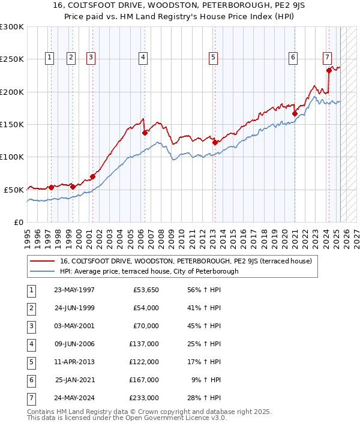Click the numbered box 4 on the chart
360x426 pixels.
[x=143, y=58]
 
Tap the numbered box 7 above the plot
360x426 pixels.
[x=327, y=58]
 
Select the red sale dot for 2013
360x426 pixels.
[x=215, y=143]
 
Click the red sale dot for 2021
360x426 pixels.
[x=295, y=113]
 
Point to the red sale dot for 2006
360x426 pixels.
[x=145, y=133]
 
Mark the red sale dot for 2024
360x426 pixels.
[x=329, y=70]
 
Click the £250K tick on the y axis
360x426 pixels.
[x=12, y=59]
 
